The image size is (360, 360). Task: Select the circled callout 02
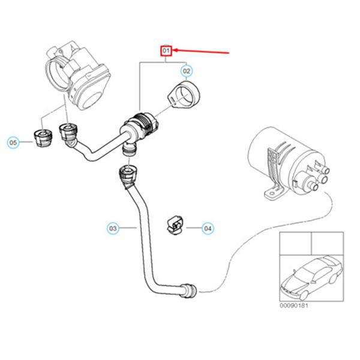[187, 71]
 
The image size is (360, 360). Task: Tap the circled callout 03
[113, 228]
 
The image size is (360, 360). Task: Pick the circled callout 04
[208, 228]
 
